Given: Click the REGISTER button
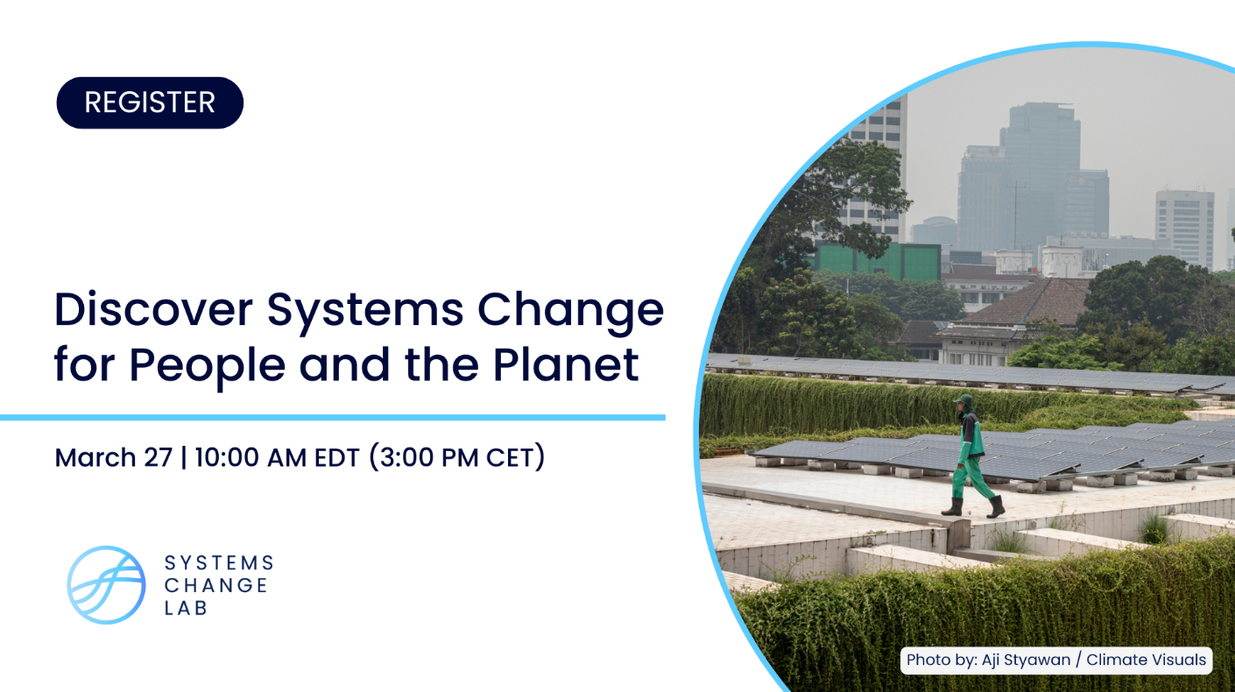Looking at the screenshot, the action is tap(150, 102).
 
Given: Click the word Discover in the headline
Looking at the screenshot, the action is tap(153, 309).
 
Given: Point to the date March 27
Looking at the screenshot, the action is tap(114, 457).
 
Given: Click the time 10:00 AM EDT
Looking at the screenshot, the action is tap(278, 457).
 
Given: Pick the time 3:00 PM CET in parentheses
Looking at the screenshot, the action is tap(457, 457).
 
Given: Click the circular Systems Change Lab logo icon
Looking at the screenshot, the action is tap(106, 585).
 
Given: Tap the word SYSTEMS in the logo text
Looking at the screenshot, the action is tap(219, 563).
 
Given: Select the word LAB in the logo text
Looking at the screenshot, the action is tap(186, 608).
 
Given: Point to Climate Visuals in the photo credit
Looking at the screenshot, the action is tap(1147, 660).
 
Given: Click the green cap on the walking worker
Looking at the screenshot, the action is tap(963, 399).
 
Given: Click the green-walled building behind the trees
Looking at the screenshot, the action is tap(877, 260).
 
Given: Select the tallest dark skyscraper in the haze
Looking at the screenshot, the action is tap(1040, 176).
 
